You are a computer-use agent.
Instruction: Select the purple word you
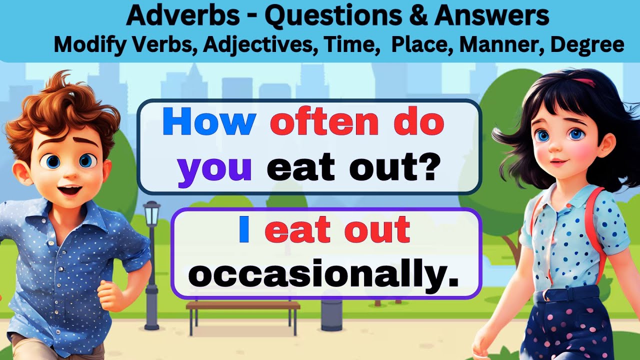click(214, 167)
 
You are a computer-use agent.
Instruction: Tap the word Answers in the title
click(492, 16)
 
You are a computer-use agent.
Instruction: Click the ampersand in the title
click(418, 16)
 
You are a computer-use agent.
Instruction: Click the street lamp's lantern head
click(151, 212)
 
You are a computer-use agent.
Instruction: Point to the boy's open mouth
click(71, 190)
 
